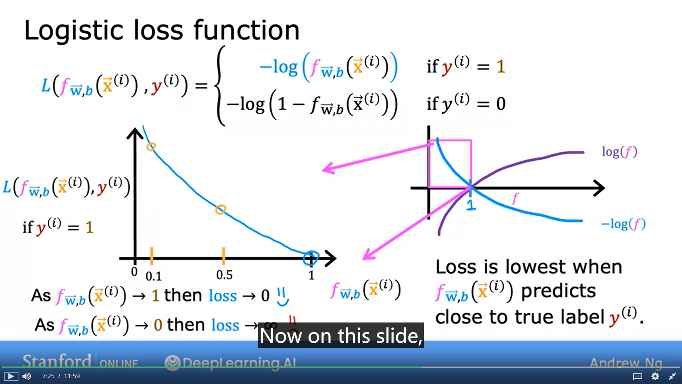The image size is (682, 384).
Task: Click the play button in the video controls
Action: [x=11, y=376]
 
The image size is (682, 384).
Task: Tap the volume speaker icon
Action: [x=27, y=376]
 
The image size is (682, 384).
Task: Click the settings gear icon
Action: [x=655, y=376]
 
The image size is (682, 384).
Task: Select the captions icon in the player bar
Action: [x=637, y=376]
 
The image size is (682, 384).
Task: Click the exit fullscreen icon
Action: [x=672, y=376]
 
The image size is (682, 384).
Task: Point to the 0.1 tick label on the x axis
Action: [x=153, y=276]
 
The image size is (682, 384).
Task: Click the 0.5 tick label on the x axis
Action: [x=224, y=275]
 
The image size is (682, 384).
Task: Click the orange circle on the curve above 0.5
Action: [x=220, y=209]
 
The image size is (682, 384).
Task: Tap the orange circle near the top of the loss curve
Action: [x=151, y=146]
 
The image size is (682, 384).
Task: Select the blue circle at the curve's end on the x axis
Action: [x=311, y=258]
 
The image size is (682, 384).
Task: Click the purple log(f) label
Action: [x=619, y=152]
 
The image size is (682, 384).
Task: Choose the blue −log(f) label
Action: [x=623, y=224]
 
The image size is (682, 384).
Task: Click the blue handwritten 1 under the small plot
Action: [x=471, y=205]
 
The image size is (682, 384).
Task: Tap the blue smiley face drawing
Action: [x=283, y=297]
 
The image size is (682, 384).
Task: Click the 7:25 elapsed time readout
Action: [x=48, y=376]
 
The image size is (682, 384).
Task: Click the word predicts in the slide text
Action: [x=558, y=291]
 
